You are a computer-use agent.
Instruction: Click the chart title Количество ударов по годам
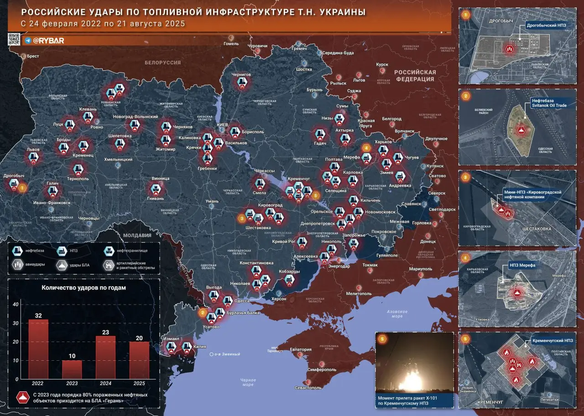coord(83,288)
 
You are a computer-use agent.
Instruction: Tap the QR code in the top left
coord(14,40)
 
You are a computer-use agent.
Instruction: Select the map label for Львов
coord(33,149)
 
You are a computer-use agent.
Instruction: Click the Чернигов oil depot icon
coord(241,83)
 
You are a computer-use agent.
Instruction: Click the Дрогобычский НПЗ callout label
coord(546,26)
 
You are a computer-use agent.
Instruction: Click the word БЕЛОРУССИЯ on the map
coord(162,63)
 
